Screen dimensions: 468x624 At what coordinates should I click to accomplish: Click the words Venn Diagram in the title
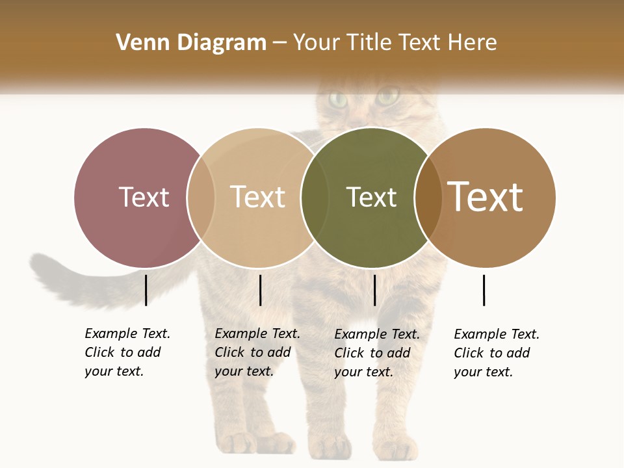click(x=191, y=43)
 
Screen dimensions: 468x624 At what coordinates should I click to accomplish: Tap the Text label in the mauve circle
click(x=144, y=197)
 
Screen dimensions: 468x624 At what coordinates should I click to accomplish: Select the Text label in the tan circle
click(x=257, y=197)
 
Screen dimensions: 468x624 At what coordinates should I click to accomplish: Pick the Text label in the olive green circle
click(x=371, y=197)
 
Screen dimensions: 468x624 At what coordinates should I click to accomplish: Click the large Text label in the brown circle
click(x=486, y=197)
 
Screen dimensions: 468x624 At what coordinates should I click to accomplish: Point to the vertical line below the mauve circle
click(x=146, y=290)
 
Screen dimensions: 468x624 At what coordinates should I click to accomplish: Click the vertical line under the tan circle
click(x=260, y=290)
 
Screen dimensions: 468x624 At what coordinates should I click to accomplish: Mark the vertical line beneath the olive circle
click(x=374, y=290)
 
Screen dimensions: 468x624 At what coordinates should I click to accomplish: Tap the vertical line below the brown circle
click(x=484, y=290)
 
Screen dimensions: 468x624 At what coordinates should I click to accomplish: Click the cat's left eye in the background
click(x=337, y=99)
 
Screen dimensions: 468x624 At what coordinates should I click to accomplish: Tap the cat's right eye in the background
click(x=388, y=98)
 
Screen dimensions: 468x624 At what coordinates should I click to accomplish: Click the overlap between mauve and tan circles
click(x=201, y=197)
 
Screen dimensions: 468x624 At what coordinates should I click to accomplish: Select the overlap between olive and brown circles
click(x=428, y=197)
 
